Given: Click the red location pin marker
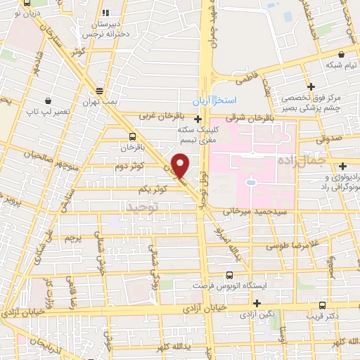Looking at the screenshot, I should pos(180,166).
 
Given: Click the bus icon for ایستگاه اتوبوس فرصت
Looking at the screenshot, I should pos(229,276).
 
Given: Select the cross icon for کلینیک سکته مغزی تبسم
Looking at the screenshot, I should pos(198,120).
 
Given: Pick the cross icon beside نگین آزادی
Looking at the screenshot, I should pos(258,304).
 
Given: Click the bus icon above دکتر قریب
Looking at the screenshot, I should pos(322,306).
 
